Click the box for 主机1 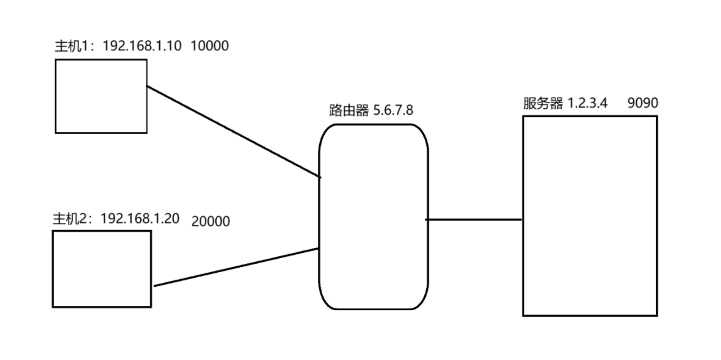coord(101,96)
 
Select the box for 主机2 coord(102,269)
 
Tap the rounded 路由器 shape coord(373,217)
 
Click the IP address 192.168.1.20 coord(141,219)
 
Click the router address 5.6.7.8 coord(393,110)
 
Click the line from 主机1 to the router coord(232,131)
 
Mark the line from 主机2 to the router coord(236,267)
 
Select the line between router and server coord(474,220)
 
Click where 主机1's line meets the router coord(320,177)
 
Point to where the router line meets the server coord(522,220)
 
